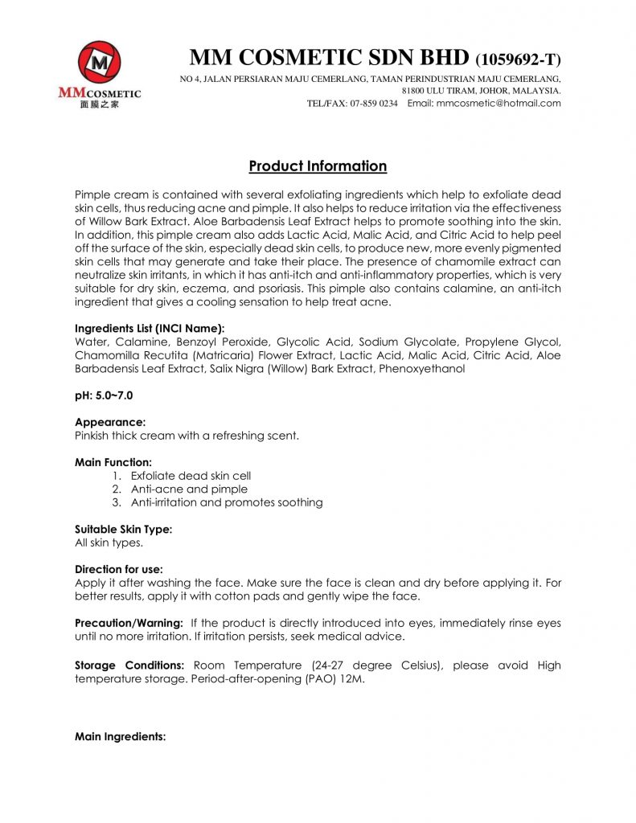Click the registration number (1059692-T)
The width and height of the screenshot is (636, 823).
(518, 59)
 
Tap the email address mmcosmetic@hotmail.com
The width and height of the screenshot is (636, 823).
(495, 103)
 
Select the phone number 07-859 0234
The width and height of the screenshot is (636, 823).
(374, 103)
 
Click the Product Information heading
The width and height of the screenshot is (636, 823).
(318, 166)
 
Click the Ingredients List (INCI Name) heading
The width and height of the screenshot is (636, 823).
(150, 329)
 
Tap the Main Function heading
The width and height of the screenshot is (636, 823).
(113, 462)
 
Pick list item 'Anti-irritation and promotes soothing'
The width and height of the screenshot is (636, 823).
(226, 502)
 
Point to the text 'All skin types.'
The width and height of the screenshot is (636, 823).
(109, 543)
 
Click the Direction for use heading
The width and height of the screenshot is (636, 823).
(118, 569)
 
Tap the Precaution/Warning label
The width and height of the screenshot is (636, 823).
(129, 623)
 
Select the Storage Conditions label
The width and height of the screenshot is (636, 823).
(129, 665)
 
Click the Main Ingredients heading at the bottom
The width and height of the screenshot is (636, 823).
(120, 736)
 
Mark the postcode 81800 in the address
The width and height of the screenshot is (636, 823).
(414, 91)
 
